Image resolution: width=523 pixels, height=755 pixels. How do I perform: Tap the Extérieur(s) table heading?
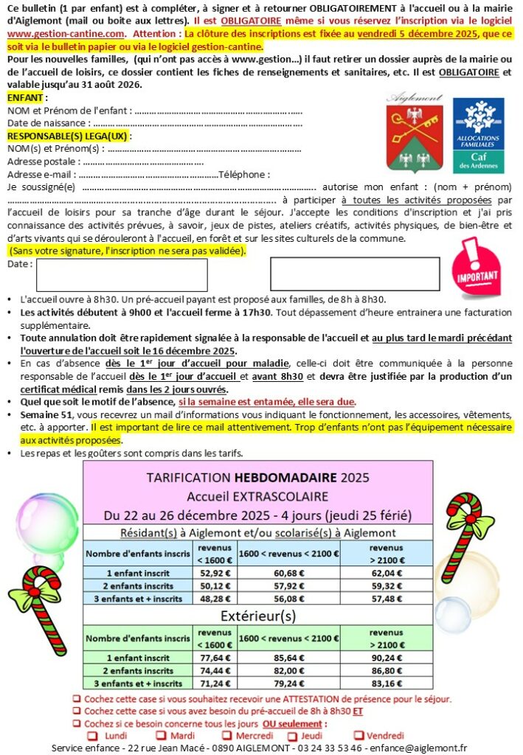pos(257,616)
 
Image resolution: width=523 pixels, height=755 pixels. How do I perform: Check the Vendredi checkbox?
pos(360,736)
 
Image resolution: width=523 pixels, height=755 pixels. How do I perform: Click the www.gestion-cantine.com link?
pos(65,34)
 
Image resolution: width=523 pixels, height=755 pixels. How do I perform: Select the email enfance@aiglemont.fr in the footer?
pos(420,748)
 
